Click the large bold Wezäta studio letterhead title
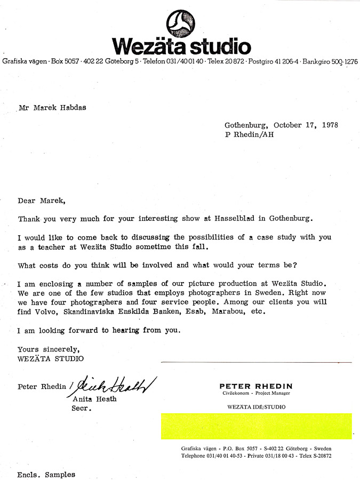coord(181,47)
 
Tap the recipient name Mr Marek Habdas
coord(52,107)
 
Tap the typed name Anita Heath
coord(93,399)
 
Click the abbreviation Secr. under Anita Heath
coord(82,409)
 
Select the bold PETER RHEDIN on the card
coord(256,386)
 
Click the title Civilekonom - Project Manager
coord(256,394)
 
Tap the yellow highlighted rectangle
coord(256,426)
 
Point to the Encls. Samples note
coord(46,474)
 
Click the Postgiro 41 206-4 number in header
coord(273,62)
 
